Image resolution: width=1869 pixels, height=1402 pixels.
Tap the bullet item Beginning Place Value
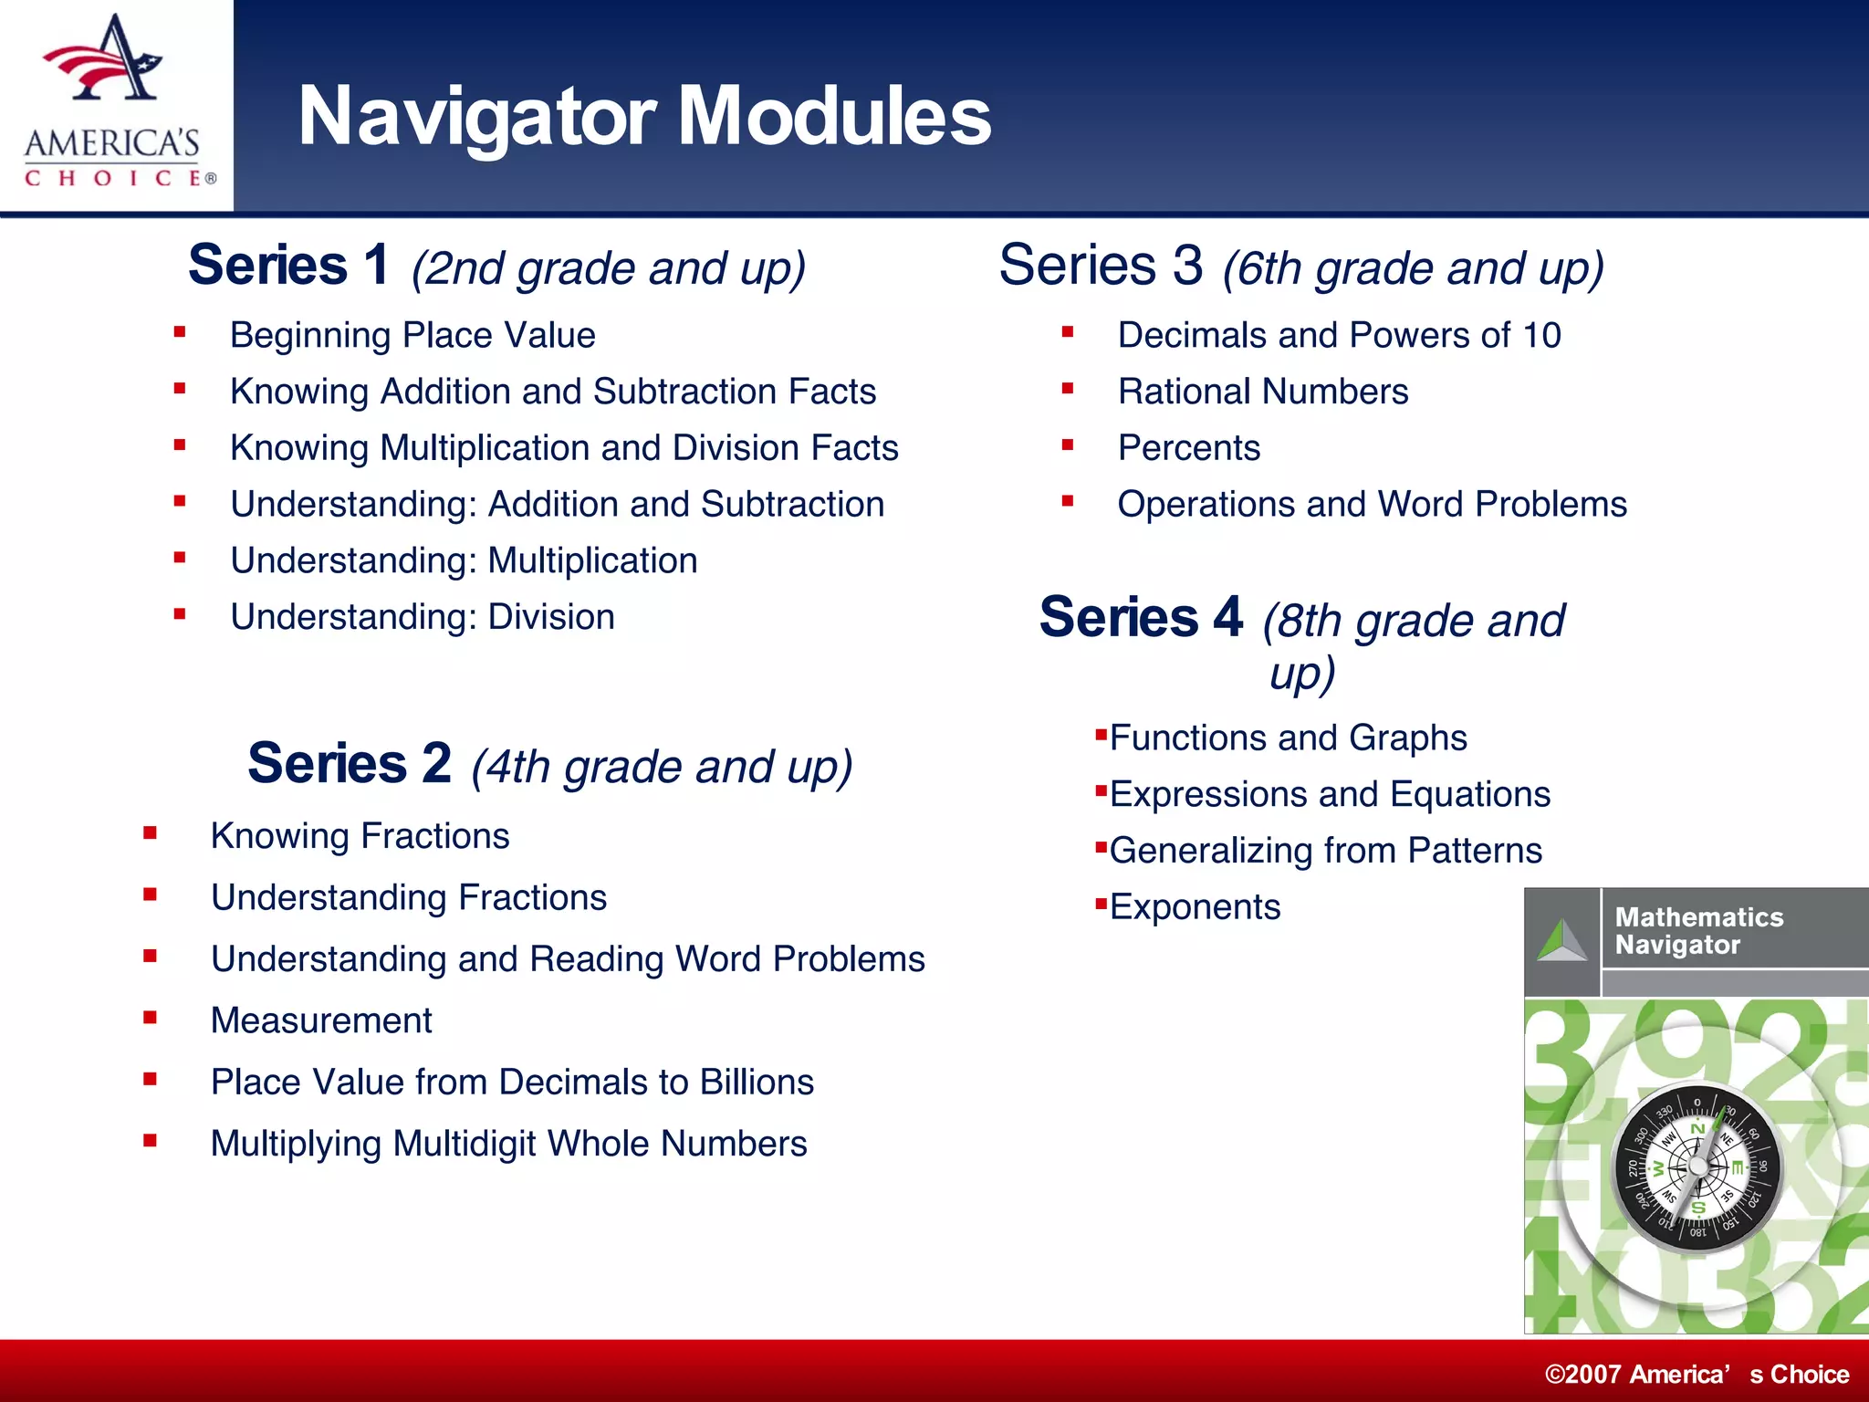click(412, 335)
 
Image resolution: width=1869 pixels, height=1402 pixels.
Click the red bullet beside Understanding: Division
click(180, 615)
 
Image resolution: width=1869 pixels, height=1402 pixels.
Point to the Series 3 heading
click(1101, 266)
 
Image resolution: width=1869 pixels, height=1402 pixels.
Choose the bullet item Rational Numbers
click(1262, 392)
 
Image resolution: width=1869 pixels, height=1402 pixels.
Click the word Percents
click(1188, 448)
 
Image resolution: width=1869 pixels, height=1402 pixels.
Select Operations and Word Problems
click(1372, 504)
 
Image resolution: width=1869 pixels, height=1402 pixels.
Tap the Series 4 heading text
click(1141, 617)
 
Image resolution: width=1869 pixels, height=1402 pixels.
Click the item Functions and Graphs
click(1288, 738)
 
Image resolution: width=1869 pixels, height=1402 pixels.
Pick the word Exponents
click(1195, 907)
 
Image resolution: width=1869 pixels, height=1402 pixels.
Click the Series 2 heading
click(349, 764)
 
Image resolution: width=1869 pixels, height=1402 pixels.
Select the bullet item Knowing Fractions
click(360, 836)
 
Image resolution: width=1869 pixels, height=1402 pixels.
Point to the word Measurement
click(321, 1020)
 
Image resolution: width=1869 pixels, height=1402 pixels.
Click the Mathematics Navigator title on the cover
click(1697, 930)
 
